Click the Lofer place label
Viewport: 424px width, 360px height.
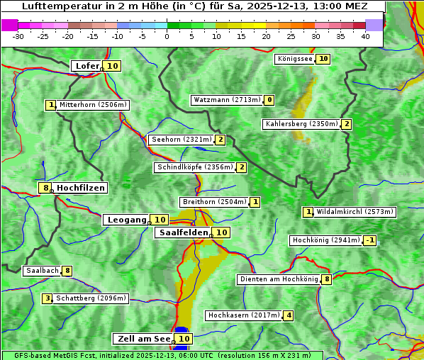(87, 66)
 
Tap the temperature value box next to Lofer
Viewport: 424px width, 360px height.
(113, 66)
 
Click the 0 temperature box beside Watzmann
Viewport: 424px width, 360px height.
(269, 100)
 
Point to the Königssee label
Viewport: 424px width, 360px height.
(294, 59)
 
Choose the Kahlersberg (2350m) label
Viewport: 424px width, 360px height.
(301, 124)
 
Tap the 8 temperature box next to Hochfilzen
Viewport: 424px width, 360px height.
(45, 188)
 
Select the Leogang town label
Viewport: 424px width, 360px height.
(126, 220)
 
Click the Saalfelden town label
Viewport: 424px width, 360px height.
(182, 232)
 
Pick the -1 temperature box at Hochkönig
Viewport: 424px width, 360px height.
(370, 240)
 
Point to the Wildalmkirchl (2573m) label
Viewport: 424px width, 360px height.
(355, 211)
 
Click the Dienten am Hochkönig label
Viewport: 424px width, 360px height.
(279, 279)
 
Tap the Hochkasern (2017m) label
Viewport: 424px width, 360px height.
(244, 315)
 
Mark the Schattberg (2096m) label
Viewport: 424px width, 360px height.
(91, 298)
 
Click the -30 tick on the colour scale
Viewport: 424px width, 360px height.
(18, 35)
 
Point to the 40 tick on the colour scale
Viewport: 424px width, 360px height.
(365, 35)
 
